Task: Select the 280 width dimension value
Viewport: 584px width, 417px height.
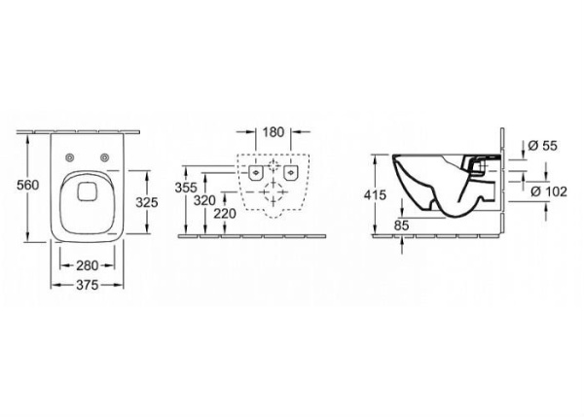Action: click(87, 264)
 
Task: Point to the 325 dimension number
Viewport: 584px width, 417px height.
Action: click(146, 203)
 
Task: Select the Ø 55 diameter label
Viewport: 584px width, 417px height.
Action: click(543, 145)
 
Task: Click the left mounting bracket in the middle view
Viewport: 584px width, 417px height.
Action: click(254, 171)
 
